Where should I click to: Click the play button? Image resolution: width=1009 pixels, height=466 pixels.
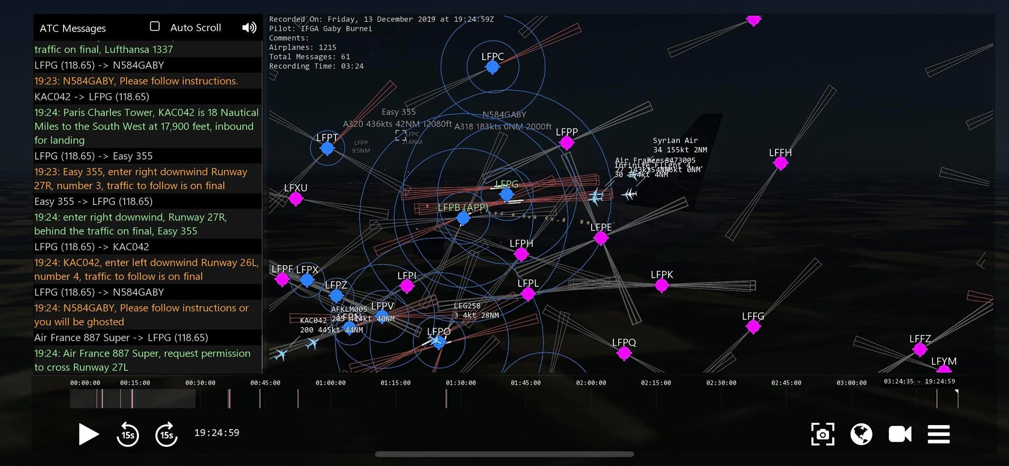click(88, 434)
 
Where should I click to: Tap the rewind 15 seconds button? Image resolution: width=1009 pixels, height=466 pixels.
click(128, 434)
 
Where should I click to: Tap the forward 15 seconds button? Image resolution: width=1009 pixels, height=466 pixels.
click(167, 434)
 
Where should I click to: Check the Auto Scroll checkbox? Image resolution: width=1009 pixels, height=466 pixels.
click(155, 27)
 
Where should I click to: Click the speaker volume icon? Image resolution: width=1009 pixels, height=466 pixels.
click(249, 28)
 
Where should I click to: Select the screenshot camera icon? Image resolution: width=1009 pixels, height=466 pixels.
click(823, 434)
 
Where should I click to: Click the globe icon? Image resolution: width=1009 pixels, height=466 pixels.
click(861, 434)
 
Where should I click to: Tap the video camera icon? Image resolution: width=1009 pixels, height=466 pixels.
click(900, 434)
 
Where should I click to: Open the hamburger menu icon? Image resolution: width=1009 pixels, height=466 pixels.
click(939, 434)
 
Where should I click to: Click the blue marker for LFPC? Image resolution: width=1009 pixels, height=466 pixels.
click(492, 67)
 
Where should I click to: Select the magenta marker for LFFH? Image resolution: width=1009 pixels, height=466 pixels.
click(780, 163)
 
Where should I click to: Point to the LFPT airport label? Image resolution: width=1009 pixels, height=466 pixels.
click(327, 137)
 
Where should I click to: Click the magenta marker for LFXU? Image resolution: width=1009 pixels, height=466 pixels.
click(296, 199)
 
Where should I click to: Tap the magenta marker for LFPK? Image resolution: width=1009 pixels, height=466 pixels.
click(662, 285)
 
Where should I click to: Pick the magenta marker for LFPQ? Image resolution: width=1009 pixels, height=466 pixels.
click(624, 353)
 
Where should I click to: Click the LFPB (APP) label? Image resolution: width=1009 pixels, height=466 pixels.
click(463, 207)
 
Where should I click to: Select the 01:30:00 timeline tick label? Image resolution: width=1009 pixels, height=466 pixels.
click(461, 383)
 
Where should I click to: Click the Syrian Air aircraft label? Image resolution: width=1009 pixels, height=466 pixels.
click(675, 140)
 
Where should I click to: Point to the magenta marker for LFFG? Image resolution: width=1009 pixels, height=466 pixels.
click(753, 326)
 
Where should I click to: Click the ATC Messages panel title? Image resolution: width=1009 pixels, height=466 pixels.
click(73, 28)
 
